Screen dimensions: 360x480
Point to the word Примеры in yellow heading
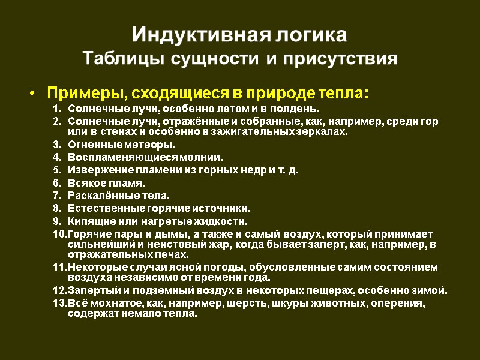(83, 94)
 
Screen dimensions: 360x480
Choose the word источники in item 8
(221, 208)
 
